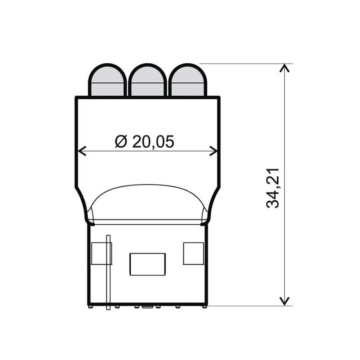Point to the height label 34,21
click(x=273, y=188)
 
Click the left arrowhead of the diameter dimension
click(x=81, y=151)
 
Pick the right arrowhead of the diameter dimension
click(x=215, y=151)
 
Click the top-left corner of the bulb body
click(x=76, y=97)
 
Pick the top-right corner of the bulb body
click(x=219, y=97)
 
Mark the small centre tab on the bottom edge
click(x=147, y=307)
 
